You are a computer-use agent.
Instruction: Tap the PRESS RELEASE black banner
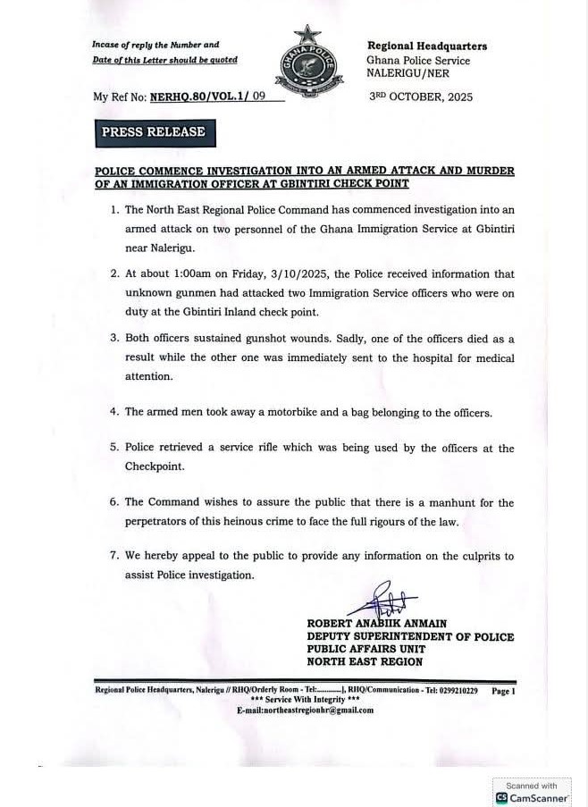coord(153,132)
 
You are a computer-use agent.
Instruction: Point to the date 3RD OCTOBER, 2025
coord(421,97)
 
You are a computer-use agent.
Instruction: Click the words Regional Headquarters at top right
coord(427,46)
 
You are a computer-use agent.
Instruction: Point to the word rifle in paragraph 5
coord(265,448)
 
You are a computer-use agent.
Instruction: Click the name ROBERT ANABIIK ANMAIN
coord(376,623)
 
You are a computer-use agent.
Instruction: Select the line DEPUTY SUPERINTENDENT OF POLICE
coord(410,636)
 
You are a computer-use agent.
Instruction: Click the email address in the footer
coord(305,710)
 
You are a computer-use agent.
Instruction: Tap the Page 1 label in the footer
coord(504,691)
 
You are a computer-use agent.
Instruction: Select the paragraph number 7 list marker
coord(113,556)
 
